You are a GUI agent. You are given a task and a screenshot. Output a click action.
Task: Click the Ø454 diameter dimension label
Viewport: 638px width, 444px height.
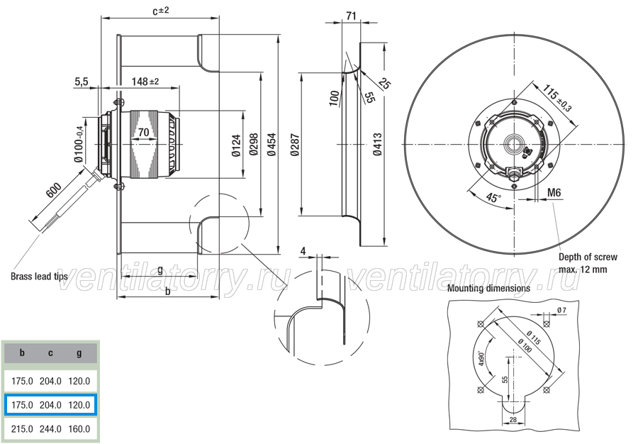[272, 145]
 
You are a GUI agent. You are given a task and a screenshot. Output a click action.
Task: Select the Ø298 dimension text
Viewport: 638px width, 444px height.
[254, 145]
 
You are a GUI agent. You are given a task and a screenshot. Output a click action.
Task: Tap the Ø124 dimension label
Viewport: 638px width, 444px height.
[236, 145]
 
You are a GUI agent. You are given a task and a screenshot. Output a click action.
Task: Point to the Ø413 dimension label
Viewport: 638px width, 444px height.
[377, 145]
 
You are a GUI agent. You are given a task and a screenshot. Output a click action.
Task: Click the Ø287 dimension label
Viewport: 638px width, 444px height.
[295, 145]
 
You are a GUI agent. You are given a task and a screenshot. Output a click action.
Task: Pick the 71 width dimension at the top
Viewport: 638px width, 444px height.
[351, 16]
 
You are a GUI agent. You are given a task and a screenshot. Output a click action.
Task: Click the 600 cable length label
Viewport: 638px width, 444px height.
[54, 191]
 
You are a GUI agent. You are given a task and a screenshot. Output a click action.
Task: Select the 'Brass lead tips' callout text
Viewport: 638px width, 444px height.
[39, 277]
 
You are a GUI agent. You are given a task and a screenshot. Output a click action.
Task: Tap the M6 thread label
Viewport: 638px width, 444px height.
[554, 192]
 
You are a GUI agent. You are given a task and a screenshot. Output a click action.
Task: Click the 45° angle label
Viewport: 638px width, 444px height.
[494, 198]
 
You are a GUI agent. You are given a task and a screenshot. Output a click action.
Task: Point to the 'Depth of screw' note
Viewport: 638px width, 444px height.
[588, 257]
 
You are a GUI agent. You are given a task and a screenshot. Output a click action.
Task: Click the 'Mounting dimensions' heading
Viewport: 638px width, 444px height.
[488, 289]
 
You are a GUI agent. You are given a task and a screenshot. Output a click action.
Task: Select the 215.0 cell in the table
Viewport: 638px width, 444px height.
[22, 429]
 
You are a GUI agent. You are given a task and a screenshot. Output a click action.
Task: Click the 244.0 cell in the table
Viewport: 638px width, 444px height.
[50, 429]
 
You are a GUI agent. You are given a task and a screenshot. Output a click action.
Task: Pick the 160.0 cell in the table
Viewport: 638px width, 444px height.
[79, 429]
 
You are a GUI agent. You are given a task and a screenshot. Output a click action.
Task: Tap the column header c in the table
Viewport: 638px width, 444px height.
[50, 353]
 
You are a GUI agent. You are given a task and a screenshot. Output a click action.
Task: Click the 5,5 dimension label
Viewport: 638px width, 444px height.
[82, 82]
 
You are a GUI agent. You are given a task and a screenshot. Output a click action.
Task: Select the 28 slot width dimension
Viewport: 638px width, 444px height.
[513, 420]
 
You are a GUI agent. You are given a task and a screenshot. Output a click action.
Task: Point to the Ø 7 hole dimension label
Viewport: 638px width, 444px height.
[561, 310]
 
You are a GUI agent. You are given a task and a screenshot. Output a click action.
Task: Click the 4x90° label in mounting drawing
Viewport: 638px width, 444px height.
[482, 358]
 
